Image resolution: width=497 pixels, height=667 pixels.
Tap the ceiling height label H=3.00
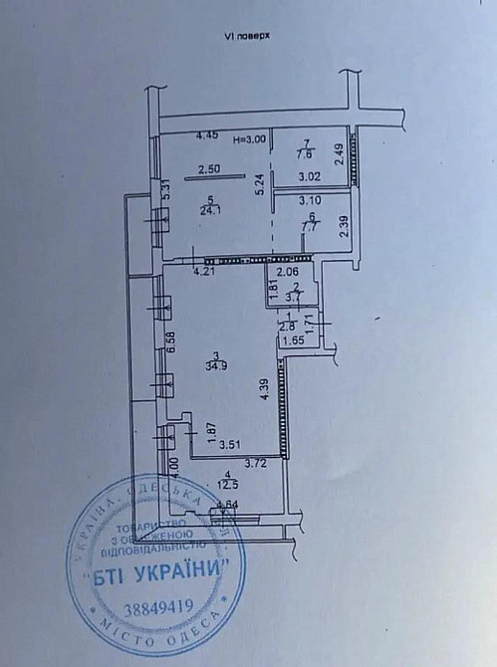249,140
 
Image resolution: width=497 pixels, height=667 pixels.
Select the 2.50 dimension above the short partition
208,168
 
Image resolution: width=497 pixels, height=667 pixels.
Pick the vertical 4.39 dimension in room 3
263,390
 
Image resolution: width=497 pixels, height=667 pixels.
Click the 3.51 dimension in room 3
231,445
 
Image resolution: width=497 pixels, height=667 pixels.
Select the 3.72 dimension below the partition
256,464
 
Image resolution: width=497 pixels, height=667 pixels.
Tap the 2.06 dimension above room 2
287,271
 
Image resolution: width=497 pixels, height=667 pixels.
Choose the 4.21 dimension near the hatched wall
204,270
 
